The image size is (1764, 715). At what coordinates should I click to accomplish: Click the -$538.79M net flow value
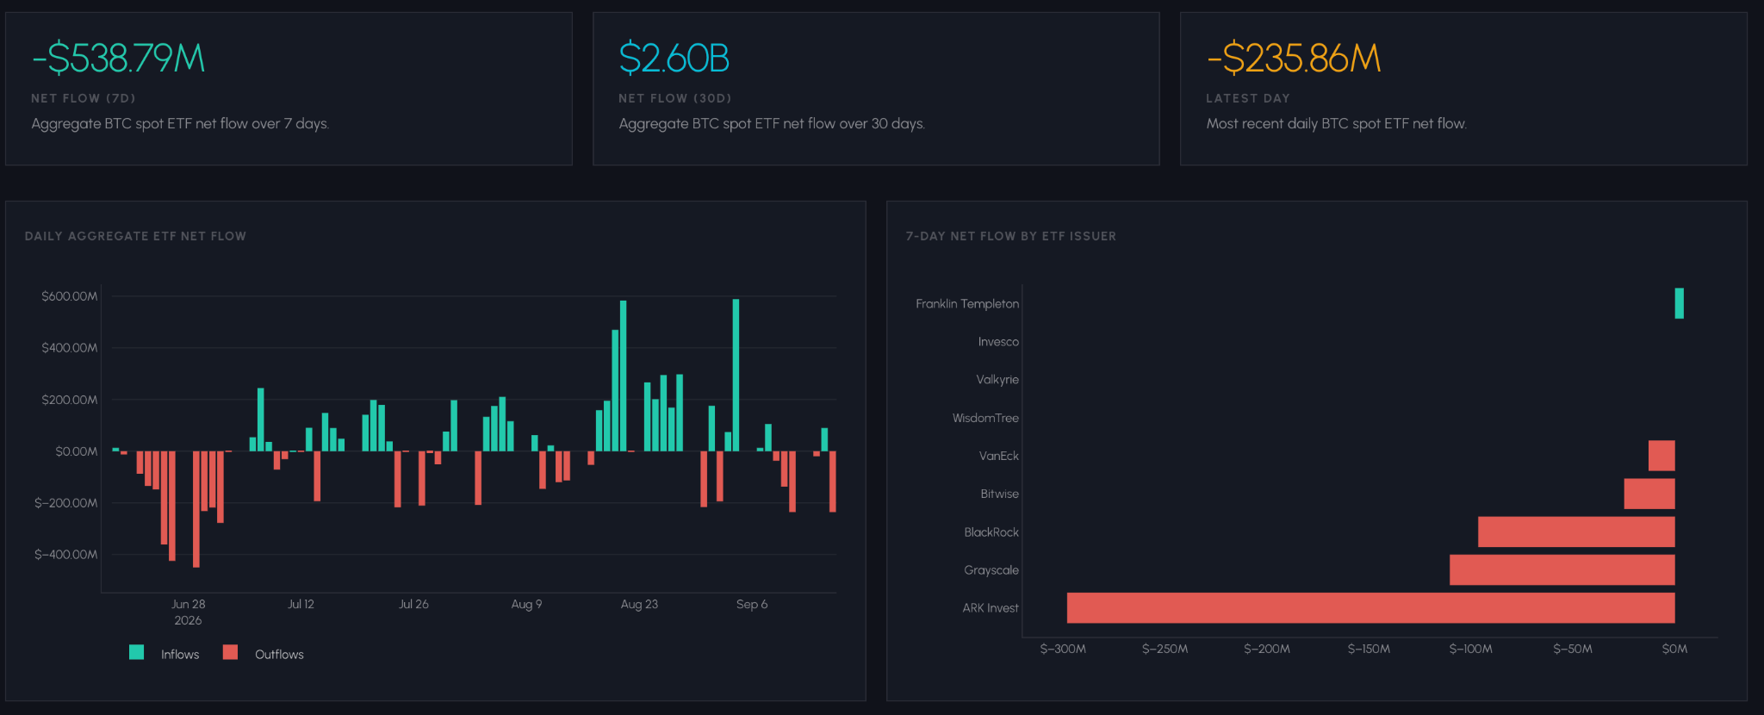(118, 59)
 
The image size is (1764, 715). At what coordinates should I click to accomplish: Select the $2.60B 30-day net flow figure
(674, 59)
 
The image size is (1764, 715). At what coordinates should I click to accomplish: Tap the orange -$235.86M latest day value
(1294, 59)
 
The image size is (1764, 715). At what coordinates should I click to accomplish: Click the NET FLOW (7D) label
(84, 98)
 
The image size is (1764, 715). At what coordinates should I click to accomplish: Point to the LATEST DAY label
(1248, 98)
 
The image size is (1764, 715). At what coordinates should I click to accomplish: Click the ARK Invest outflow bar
(1370, 607)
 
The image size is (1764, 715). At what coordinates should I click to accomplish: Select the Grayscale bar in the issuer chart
(1562, 569)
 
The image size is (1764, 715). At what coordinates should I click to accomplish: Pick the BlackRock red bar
(1576, 532)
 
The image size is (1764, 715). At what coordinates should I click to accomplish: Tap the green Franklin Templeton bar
(1680, 303)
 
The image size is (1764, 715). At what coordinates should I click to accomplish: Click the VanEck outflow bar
(1662, 456)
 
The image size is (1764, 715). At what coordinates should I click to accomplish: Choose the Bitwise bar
(1649, 494)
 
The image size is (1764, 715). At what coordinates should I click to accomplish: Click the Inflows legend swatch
(136, 652)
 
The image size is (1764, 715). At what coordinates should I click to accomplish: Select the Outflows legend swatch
(230, 652)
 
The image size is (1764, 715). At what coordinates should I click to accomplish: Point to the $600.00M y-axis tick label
(70, 296)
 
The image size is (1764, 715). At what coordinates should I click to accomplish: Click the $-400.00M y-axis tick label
(66, 555)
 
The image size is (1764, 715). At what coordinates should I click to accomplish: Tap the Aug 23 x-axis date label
(639, 604)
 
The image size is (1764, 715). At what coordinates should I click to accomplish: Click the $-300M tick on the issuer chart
(1063, 649)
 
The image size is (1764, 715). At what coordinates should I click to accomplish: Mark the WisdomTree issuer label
(985, 418)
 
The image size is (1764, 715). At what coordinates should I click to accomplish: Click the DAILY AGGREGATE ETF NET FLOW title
(135, 236)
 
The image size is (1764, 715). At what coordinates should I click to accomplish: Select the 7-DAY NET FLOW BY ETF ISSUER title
(1011, 236)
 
